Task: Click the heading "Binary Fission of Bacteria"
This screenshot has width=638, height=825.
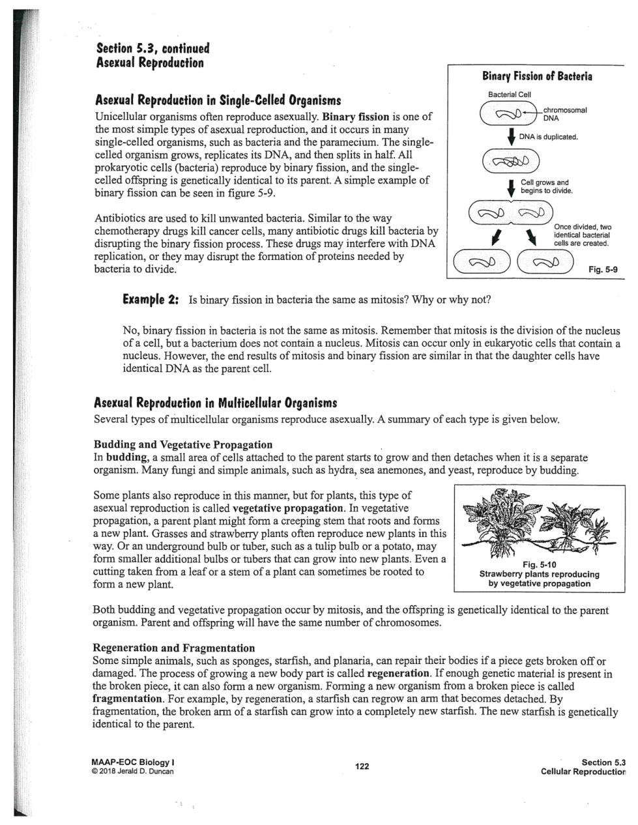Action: [536, 76]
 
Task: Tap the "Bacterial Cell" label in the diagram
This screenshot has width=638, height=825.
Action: [510, 95]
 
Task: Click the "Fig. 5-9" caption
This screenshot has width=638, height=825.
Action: [603, 269]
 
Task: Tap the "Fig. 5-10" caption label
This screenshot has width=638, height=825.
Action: [540, 564]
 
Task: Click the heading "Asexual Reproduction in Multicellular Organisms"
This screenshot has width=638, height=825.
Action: [216, 402]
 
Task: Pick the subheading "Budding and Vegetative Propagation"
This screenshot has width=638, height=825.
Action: [183, 444]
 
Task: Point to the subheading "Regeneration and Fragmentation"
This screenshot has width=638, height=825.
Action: [174, 648]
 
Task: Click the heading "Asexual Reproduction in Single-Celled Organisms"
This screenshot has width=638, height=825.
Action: [218, 101]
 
